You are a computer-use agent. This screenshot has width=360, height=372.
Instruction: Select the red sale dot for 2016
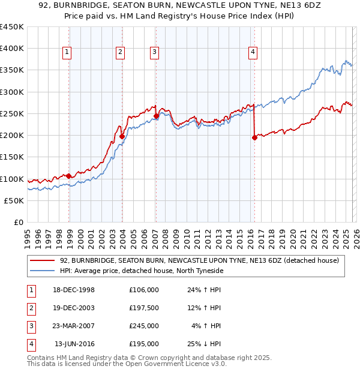pyautogui.click(x=254, y=137)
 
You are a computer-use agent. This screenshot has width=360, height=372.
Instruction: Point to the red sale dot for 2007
pyautogui.click(x=156, y=116)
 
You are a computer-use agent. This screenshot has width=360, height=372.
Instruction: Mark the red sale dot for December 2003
pyautogui.click(x=122, y=136)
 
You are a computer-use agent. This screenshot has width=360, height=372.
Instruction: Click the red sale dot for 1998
pyautogui.click(x=69, y=176)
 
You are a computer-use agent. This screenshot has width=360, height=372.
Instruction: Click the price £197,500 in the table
pyautogui.click(x=143, y=308)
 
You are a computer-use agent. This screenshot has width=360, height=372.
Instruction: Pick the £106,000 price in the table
pyautogui.click(x=143, y=290)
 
